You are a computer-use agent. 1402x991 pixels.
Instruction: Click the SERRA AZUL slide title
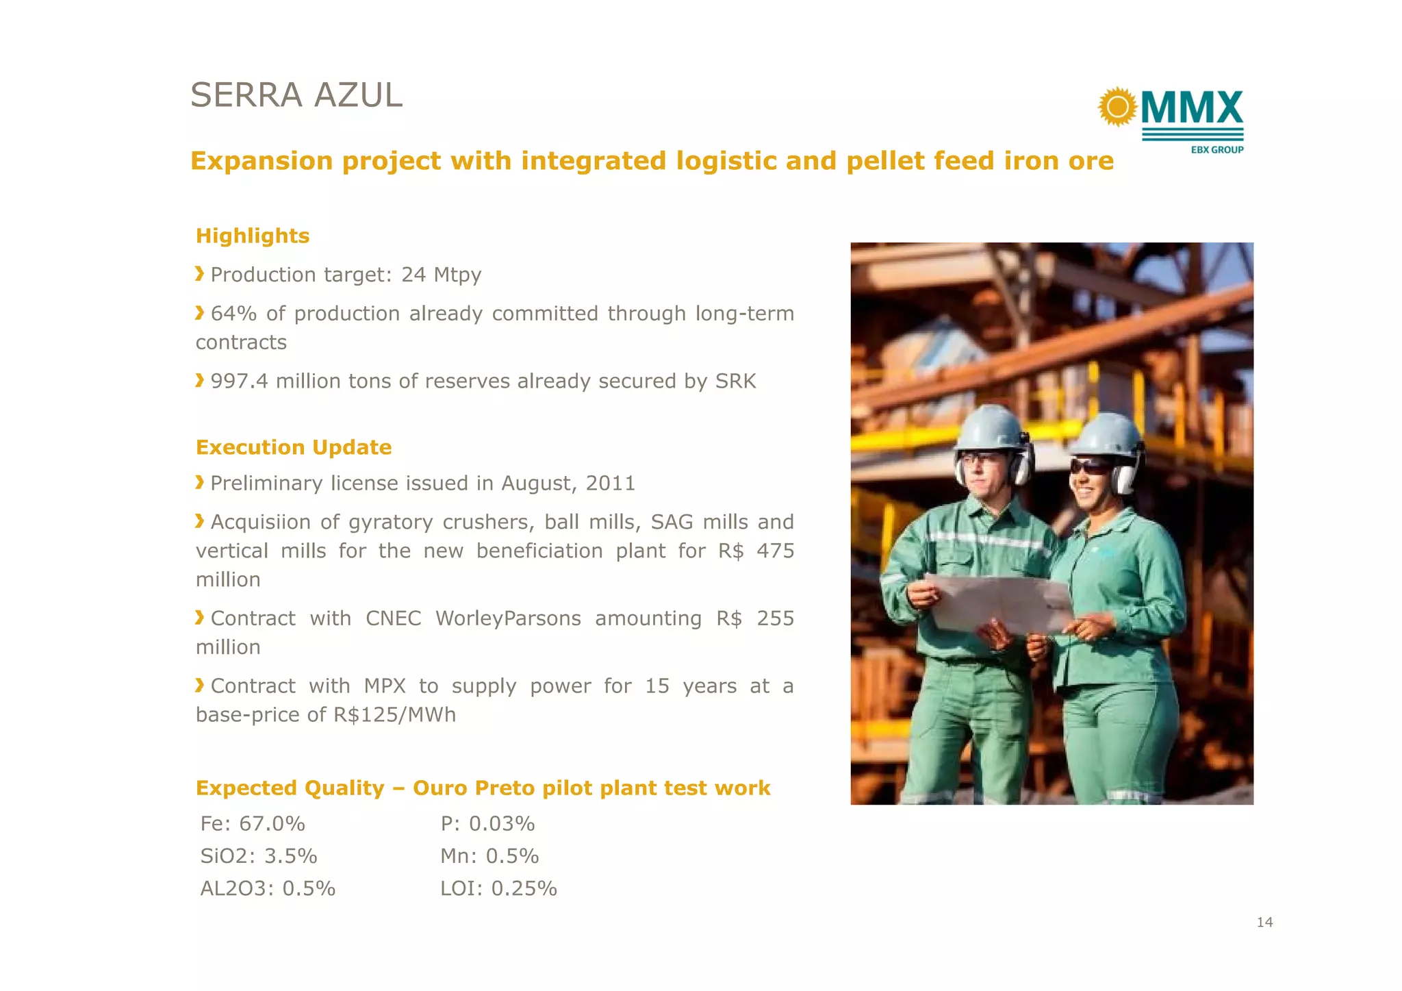click(296, 95)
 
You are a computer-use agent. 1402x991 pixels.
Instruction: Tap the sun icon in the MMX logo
click(1117, 107)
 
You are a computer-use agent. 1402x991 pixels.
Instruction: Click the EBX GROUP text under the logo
click(1216, 149)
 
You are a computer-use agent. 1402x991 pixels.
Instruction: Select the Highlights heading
click(253, 236)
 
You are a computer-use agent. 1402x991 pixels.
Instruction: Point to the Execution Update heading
click(294, 447)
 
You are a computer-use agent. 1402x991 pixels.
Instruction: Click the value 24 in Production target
click(413, 275)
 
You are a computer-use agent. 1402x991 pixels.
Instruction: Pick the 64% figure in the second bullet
click(233, 314)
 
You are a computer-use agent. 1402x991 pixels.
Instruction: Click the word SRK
click(735, 381)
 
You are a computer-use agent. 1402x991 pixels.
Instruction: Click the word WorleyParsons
click(508, 618)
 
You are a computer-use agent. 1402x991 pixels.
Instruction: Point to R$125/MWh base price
click(394, 715)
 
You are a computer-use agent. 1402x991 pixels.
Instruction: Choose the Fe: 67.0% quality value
click(253, 823)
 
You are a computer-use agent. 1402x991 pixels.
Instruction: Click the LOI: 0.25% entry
click(498, 888)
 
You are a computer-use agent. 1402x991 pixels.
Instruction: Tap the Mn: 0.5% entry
click(489, 856)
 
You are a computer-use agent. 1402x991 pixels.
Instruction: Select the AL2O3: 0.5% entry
click(268, 888)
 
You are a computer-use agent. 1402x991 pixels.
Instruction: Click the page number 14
click(1264, 923)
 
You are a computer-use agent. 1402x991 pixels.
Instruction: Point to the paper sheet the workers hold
click(999, 603)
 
